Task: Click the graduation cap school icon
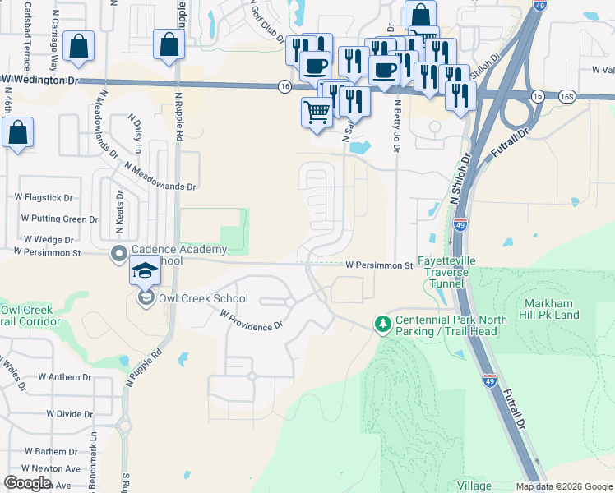[144, 272]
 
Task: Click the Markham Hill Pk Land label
[551, 310]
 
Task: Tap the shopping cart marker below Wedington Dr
[317, 111]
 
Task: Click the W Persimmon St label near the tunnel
[378, 265]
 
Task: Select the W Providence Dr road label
[250, 321]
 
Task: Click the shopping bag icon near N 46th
[18, 131]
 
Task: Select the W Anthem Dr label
[64, 377]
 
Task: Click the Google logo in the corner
[27, 483]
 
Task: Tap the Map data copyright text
[563, 486]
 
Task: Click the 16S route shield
[566, 96]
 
